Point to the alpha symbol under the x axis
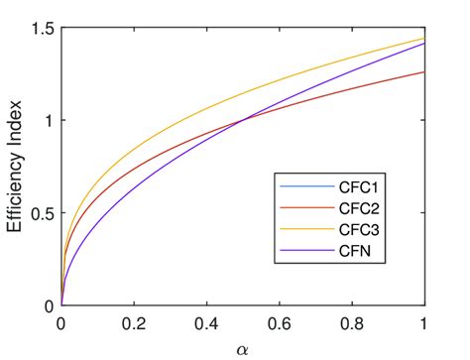coord(243,348)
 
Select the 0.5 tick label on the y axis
coord(39,214)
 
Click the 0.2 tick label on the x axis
coord(134,323)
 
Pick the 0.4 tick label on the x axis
coord(206,323)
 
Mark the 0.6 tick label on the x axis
coord(280,323)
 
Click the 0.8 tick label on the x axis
coord(352,323)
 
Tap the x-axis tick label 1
coord(424,323)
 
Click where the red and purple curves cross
coord(243,121)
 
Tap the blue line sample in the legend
coord(297,188)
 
